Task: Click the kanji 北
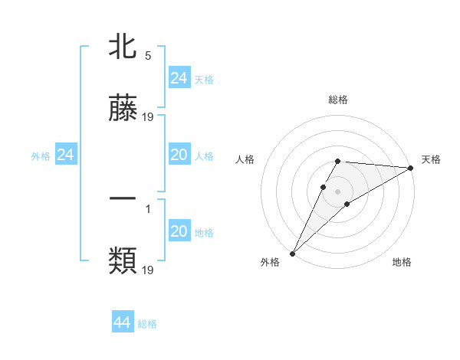pyautogui.click(x=123, y=48)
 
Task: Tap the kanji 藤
pyautogui.click(x=123, y=110)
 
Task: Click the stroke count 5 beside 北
pyautogui.click(x=147, y=55)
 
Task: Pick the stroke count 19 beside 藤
pyautogui.click(x=149, y=116)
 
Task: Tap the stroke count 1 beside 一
pyautogui.click(x=147, y=207)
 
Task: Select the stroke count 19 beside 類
pyautogui.click(x=149, y=270)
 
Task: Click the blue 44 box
pyautogui.click(x=123, y=322)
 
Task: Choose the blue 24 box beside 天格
pyautogui.click(x=179, y=78)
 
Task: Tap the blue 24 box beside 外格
pyautogui.click(x=65, y=155)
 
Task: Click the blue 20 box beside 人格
pyautogui.click(x=179, y=155)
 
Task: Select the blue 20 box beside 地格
pyautogui.click(x=179, y=231)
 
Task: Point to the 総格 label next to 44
pyautogui.click(x=147, y=324)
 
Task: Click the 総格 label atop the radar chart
pyautogui.click(x=338, y=100)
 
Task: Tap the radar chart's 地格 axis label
pyautogui.click(x=402, y=263)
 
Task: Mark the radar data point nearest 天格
pyautogui.click(x=411, y=168)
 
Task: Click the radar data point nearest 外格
pyautogui.click(x=292, y=254)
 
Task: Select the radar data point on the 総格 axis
pyautogui.click(x=338, y=161)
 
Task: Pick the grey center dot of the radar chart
pyautogui.click(x=338, y=191)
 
